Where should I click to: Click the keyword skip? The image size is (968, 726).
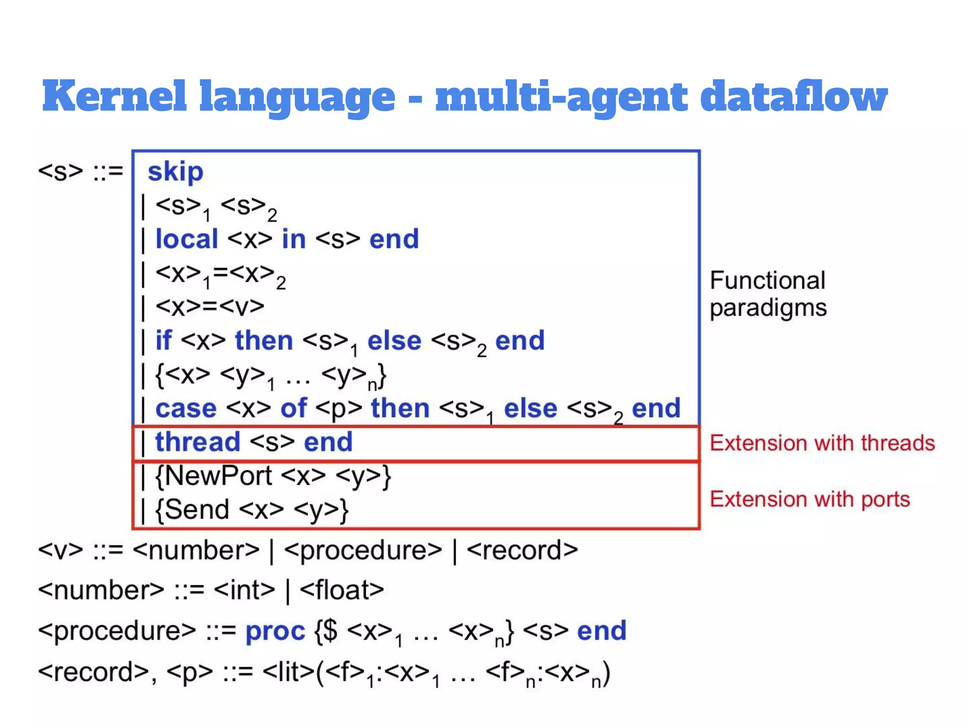[175, 172]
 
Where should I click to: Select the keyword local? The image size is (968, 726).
[187, 239]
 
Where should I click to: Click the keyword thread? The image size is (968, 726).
[198, 442]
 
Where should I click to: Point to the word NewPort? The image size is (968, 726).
[218, 475]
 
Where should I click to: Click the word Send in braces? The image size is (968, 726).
[197, 510]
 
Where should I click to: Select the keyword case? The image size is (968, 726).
[186, 408]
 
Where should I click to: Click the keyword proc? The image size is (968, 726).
[275, 631]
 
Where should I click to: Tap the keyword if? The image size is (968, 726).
[163, 340]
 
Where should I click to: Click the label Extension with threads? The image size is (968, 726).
[822, 443]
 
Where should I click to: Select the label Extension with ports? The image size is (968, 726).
[810, 499]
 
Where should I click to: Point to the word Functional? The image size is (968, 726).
[767, 280]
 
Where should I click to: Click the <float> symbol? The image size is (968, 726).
[342, 590]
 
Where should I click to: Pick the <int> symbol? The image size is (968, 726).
[244, 590]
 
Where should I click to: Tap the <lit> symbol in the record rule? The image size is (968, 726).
[288, 672]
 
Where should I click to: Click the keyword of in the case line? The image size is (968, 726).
[293, 408]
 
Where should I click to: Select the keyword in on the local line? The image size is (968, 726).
[294, 239]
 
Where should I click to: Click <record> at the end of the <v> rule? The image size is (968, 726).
[522, 550]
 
